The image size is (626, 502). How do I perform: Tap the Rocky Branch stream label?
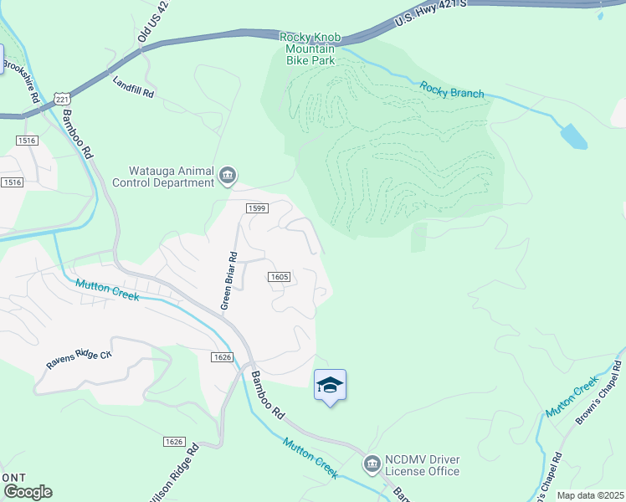(452, 90)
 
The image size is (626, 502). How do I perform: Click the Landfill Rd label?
(134, 88)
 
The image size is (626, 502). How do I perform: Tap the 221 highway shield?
(62, 99)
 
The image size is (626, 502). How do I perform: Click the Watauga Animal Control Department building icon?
(228, 176)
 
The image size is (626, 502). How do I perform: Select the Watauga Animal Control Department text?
(171, 176)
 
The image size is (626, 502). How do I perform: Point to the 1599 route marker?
(256, 208)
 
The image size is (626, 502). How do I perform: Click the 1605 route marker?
(280, 277)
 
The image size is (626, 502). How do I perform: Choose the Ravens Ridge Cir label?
(79, 361)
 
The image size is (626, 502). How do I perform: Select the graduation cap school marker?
(331, 386)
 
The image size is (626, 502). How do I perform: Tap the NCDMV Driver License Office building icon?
(372, 463)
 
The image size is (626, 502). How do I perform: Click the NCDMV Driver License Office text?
(422, 465)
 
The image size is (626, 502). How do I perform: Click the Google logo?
(27, 491)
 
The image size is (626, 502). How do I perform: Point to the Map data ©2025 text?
(589, 495)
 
